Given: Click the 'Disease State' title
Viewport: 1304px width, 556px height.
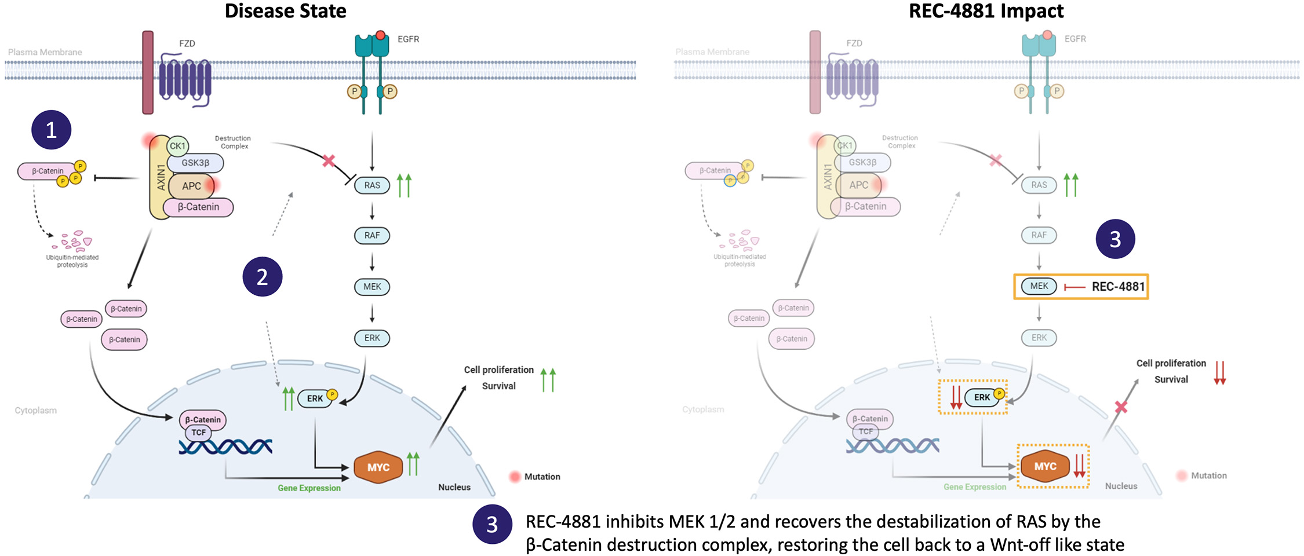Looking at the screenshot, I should click(285, 11).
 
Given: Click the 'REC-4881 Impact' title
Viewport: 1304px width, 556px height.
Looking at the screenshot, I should click(986, 11).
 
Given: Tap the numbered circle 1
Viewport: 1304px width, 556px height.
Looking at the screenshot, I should click(51, 130).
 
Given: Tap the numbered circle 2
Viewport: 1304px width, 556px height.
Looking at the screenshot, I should click(262, 277).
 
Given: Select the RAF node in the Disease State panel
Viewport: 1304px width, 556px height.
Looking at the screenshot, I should click(372, 235).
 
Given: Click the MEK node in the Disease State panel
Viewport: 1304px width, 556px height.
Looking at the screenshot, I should click(372, 287).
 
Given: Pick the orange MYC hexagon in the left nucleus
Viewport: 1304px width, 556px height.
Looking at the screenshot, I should click(378, 467).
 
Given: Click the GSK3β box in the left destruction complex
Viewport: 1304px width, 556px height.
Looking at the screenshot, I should click(195, 163).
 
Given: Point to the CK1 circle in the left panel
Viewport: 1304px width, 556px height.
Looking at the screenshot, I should click(177, 146).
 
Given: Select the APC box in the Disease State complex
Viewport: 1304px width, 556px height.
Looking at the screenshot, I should click(191, 186).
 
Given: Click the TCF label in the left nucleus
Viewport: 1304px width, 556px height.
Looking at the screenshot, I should click(199, 433).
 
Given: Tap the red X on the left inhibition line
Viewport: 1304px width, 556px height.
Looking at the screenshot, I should click(329, 160).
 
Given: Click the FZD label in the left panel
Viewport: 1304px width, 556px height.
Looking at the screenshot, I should click(187, 43).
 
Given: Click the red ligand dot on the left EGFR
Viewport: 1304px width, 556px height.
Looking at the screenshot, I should click(381, 35).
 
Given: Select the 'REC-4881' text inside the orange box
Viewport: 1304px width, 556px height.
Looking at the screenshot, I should click(1118, 287).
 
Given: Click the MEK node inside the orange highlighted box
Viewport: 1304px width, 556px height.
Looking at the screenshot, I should click(1039, 286).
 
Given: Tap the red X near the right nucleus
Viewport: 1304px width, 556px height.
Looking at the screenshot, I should click(1121, 407).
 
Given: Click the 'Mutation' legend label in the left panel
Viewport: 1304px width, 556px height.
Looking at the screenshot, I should click(542, 477).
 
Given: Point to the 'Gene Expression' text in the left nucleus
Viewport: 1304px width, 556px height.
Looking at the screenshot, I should click(309, 488).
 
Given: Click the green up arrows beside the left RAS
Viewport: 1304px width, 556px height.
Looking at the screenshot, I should click(404, 185).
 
